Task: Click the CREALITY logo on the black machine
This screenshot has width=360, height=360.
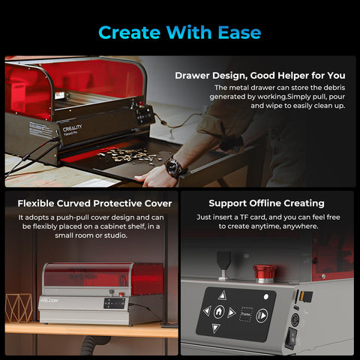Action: point(73,127)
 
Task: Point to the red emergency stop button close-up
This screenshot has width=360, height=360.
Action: point(261,272)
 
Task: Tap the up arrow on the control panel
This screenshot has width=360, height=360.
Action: point(219,295)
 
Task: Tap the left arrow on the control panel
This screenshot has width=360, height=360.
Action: point(206,311)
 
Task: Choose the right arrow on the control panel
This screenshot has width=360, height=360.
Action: point(232,311)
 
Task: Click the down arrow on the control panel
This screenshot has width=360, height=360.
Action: point(218,328)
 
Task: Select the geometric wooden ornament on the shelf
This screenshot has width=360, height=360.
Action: point(19,308)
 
